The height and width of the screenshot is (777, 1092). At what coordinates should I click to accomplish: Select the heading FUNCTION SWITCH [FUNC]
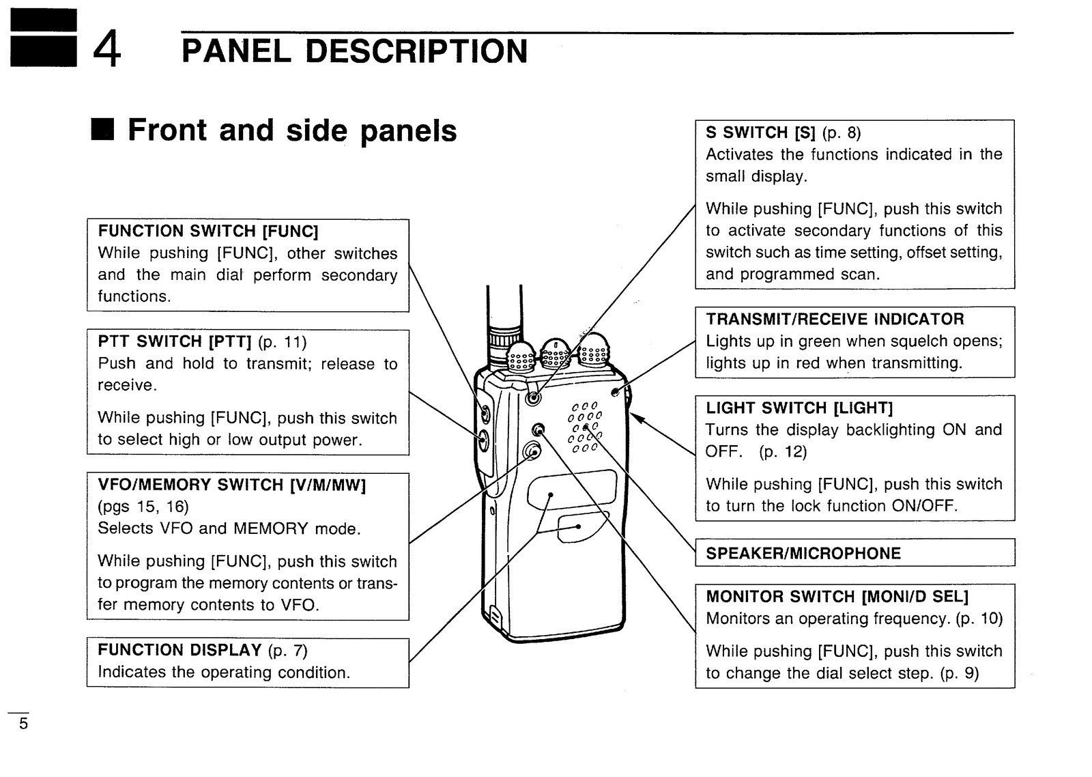pos(208,231)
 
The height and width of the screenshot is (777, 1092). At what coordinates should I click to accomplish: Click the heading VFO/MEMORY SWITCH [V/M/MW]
pos(232,485)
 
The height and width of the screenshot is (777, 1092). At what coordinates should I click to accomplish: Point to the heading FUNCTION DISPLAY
pos(179,650)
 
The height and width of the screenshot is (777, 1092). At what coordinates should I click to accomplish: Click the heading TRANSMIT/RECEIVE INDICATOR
pos(835,320)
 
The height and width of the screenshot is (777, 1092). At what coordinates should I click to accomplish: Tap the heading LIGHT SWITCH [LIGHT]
pos(799,408)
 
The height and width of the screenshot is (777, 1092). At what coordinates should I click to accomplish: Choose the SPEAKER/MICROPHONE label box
pos(854,553)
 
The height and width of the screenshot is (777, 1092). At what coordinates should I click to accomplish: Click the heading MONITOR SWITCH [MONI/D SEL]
pos(837,597)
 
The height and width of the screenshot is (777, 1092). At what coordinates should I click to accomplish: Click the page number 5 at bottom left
pos(23,724)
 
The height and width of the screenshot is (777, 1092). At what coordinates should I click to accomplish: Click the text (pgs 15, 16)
pos(143,507)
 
